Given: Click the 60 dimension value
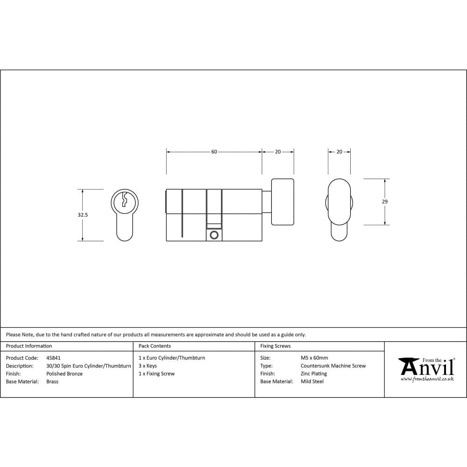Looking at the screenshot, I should tap(214, 152).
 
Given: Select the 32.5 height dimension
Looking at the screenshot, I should tap(83, 215).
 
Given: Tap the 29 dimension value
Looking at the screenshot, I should tap(384, 202).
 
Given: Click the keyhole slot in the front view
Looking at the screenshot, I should tap(124, 200).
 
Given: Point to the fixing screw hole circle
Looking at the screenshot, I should tap(214, 235).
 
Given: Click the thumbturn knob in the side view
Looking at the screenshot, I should tap(283, 202).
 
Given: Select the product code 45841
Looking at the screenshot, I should tap(53, 358).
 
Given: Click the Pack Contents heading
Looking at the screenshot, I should tap(155, 346).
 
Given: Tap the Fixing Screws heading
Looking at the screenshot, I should tap(275, 346).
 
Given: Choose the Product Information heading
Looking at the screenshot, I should tap(29, 346).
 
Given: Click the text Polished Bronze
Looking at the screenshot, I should tap(64, 374).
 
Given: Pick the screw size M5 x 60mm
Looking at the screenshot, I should tap(314, 358).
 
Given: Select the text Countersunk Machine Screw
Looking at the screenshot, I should tap(333, 366).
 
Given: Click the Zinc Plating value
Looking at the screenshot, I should tap(314, 374).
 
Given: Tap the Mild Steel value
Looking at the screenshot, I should tap(312, 382).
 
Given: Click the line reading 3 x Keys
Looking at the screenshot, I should tap(148, 366).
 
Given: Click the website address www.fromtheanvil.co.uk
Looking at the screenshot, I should tap(427, 379).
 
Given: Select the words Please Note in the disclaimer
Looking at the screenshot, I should tap(20, 334).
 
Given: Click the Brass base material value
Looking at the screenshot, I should tap(52, 382).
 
